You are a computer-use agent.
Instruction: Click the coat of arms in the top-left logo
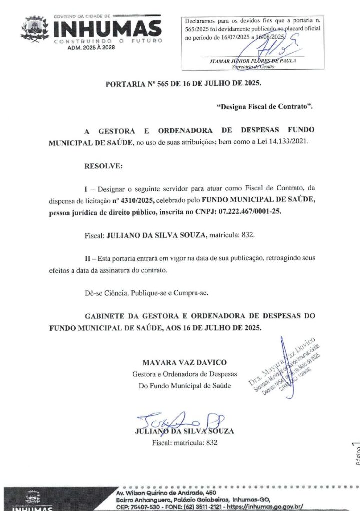[x=35, y=28]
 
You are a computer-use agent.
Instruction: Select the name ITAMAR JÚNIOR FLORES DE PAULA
[x=254, y=60]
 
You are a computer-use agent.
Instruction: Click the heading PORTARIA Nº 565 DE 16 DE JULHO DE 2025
[x=183, y=83]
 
